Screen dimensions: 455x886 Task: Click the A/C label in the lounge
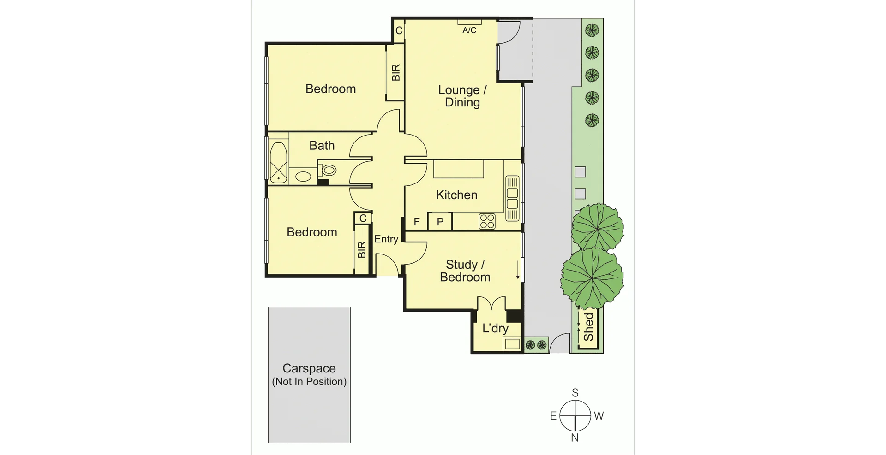pos(469,30)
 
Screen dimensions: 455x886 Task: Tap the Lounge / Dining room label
pos(462,96)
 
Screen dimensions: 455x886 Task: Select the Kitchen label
pos(456,195)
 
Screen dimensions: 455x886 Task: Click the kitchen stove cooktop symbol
pos(487,222)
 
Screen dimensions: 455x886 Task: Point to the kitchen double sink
pos(512,198)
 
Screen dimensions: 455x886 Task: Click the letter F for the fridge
pos(417,222)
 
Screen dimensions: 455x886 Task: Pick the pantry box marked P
pos(440,222)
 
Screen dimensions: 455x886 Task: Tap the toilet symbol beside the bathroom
pos(329,170)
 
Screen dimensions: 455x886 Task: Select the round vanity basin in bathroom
pos(303,176)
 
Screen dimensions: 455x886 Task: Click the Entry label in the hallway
pos(386,239)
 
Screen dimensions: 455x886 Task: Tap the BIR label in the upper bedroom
pos(395,73)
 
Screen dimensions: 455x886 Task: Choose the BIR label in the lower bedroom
pos(362,250)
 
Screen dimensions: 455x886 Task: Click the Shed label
pos(588,327)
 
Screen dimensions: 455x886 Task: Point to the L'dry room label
pos(495,328)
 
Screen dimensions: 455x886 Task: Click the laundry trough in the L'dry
pos(511,343)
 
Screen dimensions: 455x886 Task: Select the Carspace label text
pos(309,368)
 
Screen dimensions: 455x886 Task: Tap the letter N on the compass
pos(575,438)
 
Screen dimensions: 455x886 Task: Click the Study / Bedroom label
pos(465,271)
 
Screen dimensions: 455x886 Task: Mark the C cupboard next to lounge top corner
pos(399,30)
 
